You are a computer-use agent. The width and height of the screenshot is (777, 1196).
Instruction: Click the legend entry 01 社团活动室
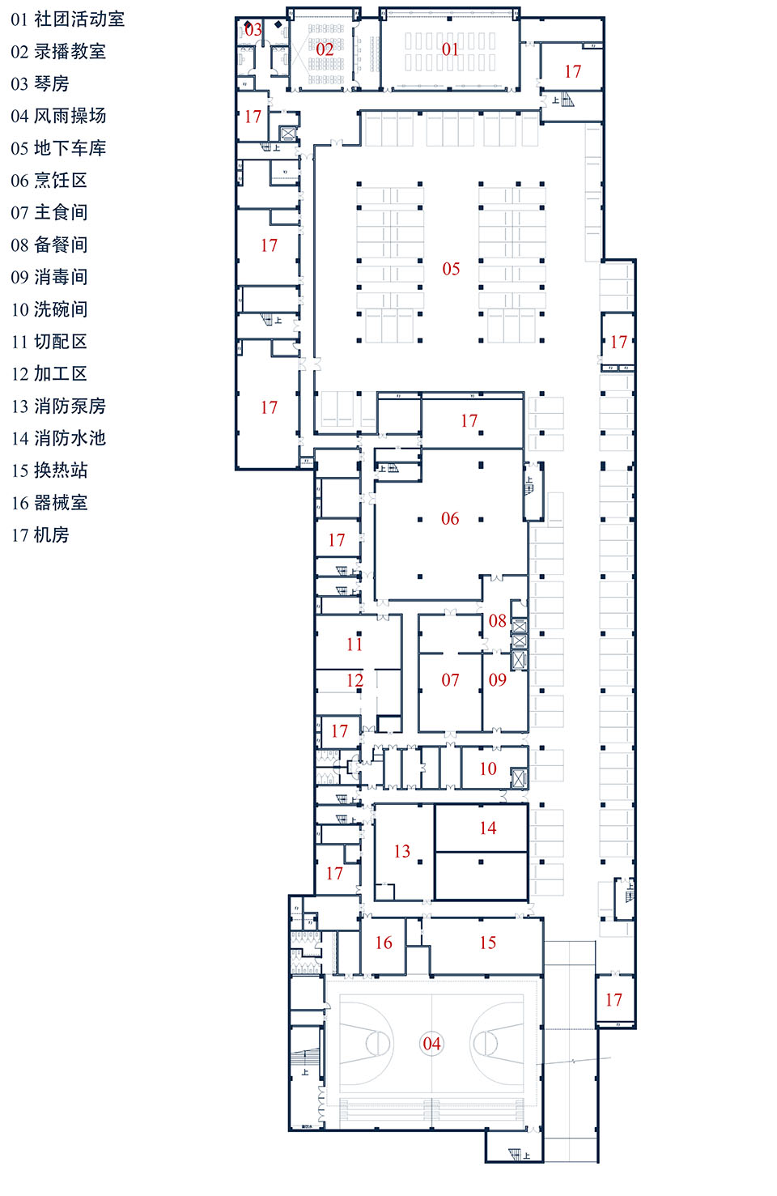coord(68,19)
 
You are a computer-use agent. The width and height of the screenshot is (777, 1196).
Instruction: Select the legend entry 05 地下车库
coord(58,148)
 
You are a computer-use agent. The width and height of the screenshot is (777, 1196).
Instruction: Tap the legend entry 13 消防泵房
coord(58,406)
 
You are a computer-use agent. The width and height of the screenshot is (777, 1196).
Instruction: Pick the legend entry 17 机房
coord(40,535)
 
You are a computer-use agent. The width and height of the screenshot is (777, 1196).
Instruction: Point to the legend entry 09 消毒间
coord(49,277)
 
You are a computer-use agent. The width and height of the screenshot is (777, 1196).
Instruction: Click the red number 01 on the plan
coord(450,49)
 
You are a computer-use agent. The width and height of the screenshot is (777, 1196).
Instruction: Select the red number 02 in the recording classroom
coord(325,49)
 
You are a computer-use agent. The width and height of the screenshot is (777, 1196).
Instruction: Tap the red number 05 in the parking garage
coord(451,269)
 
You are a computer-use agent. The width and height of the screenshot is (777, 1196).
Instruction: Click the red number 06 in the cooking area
coord(450,518)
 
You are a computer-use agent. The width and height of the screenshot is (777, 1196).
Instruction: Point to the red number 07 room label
coord(450,680)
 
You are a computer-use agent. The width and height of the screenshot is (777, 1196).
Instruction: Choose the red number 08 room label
coord(497,621)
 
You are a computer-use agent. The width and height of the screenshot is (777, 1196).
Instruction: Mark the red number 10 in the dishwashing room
coord(488,768)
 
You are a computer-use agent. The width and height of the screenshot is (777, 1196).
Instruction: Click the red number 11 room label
coord(355,645)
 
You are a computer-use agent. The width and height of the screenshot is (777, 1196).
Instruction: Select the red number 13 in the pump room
coord(402,851)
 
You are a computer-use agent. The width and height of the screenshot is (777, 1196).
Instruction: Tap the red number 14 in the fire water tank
coord(488,828)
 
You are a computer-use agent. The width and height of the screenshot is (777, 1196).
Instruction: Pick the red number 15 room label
coord(488,943)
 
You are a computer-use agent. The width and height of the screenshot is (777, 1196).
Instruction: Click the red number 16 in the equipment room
coord(384,943)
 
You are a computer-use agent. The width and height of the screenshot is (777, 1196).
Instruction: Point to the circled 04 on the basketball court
coord(432,1044)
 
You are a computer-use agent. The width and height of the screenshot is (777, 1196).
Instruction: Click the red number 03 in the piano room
coord(253,30)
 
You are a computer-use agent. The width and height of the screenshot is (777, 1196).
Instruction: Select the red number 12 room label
coord(355,680)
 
